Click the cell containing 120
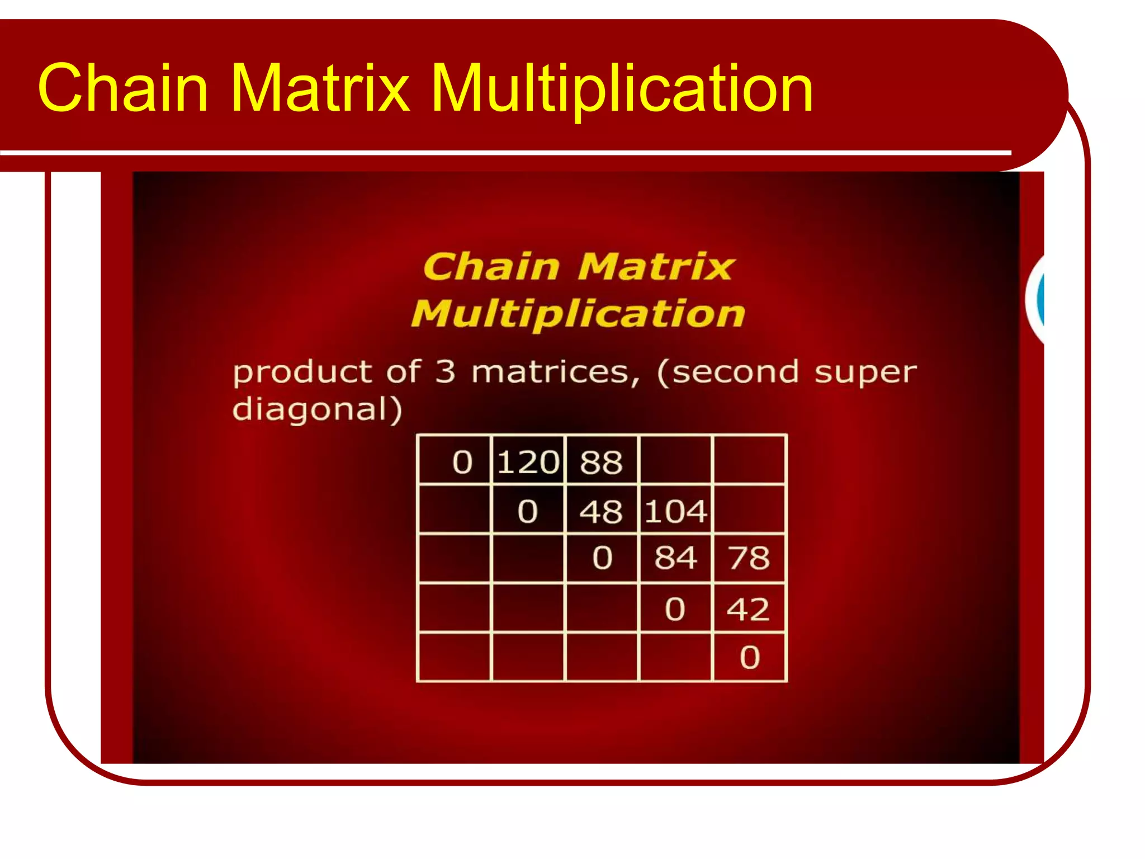(528, 462)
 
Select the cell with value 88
(601, 462)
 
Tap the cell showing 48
(601, 511)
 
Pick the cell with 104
(676, 511)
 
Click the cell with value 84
(676, 558)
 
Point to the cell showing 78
(749, 558)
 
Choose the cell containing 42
(749, 608)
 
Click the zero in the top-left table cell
(462, 462)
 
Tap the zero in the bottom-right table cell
(750, 657)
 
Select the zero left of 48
(527, 511)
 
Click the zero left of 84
(602, 558)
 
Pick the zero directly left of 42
(675, 608)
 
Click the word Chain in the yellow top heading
(123, 88)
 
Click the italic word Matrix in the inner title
(655, 266)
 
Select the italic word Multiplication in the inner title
(578, 314)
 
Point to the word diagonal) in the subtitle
(317, 410)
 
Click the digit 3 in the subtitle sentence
(445, 371)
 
